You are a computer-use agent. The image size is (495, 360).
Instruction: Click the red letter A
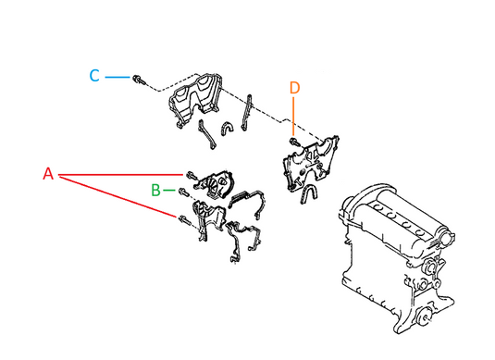click(48, 174)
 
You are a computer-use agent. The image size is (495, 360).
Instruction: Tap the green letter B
click(155, 190)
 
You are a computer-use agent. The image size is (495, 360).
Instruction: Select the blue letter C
click(94, 76)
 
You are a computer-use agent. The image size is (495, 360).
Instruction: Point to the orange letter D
click(294, 88)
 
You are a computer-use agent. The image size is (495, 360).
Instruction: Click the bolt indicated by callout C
click(138, 80)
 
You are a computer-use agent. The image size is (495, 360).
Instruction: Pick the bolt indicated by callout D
click(294, 142)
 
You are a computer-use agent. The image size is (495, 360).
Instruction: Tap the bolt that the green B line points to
click(183, 192)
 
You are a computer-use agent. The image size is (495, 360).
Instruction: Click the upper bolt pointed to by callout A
click(192, 175)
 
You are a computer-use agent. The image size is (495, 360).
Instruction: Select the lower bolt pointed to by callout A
click(185, 219)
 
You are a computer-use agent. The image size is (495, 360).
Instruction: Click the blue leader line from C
click(118, 77)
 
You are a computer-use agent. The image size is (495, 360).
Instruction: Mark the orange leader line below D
click(293, 117)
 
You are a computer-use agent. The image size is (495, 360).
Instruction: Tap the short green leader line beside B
click(169, 190)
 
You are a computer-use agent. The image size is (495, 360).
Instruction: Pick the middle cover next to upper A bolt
click(216, 184)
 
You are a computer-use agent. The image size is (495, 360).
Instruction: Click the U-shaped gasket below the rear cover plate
click(308, 193)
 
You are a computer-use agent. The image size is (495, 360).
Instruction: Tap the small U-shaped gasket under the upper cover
click(228, 128)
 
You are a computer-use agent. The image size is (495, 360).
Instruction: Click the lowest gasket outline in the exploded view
click(243, 240)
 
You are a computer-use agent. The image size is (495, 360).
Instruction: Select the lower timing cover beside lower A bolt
click(208, 219)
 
